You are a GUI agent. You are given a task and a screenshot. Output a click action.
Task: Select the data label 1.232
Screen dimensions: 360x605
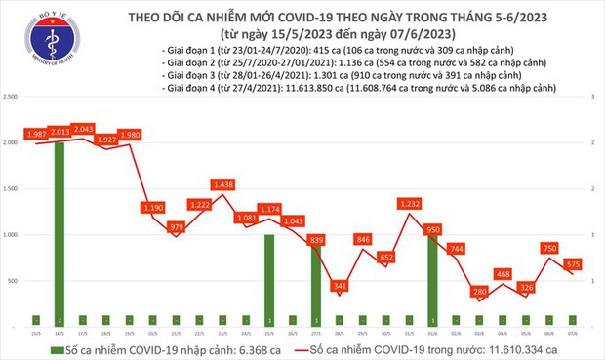pos(408,204)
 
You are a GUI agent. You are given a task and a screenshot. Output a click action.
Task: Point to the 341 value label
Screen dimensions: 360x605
pos(340,286)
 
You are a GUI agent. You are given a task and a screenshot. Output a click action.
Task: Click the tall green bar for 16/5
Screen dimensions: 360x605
pos(60,234)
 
